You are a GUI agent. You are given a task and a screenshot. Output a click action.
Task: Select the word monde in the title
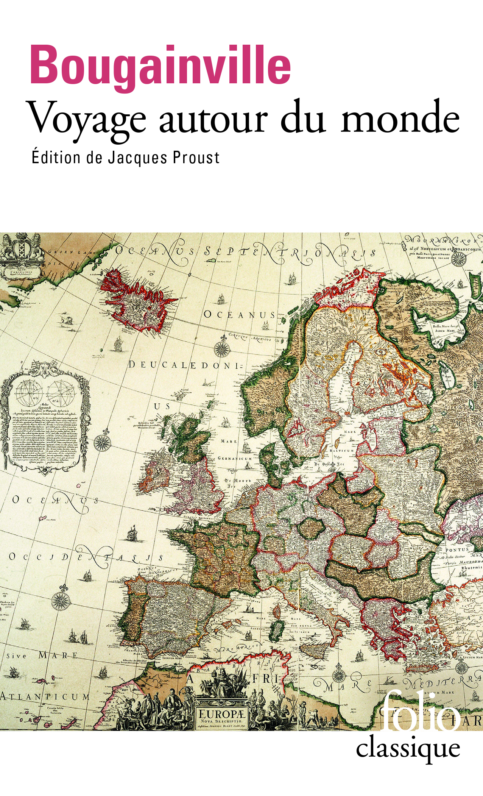coord(400,119)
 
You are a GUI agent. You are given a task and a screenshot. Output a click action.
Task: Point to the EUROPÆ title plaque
coord(222,716)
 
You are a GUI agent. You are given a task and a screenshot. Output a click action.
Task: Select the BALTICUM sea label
coord(342,451)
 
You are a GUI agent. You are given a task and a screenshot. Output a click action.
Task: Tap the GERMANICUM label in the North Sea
coord(235,458)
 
